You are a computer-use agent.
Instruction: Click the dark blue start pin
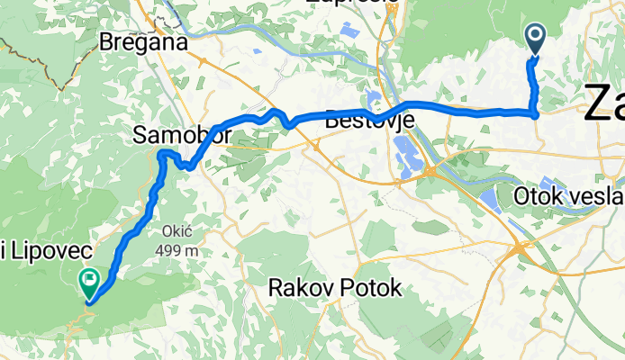pos(535,38)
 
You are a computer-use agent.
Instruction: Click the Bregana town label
pos(144,42)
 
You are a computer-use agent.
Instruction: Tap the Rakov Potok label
pos(335,288)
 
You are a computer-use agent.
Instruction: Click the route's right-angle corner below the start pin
pos(537,112)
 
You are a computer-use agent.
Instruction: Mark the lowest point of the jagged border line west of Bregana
pos(61,89)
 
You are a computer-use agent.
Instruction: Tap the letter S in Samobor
pos(140,136)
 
